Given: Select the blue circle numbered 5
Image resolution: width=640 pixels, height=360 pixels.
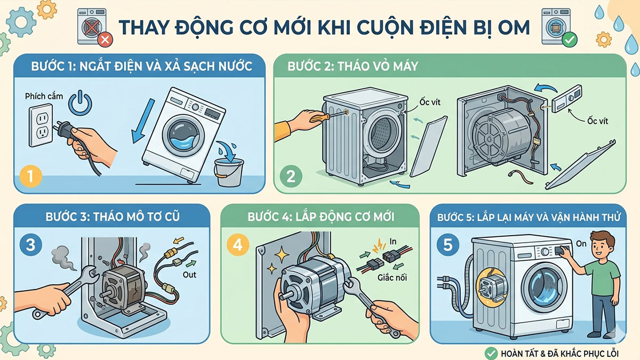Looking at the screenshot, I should tap(447, 245).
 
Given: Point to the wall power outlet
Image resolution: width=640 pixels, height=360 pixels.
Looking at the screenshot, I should tap(40, 125).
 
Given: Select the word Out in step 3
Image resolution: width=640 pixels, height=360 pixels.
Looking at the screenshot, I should tap(189, 275).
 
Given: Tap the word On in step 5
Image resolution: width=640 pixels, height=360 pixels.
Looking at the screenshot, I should tap(582, 243).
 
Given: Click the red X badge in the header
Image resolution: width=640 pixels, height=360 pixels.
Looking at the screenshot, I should tap(105, 39).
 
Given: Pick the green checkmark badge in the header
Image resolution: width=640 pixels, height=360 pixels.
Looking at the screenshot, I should tap(569, 39).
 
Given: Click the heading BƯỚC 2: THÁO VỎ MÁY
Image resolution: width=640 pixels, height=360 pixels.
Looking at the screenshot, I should tap(353, 67).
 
